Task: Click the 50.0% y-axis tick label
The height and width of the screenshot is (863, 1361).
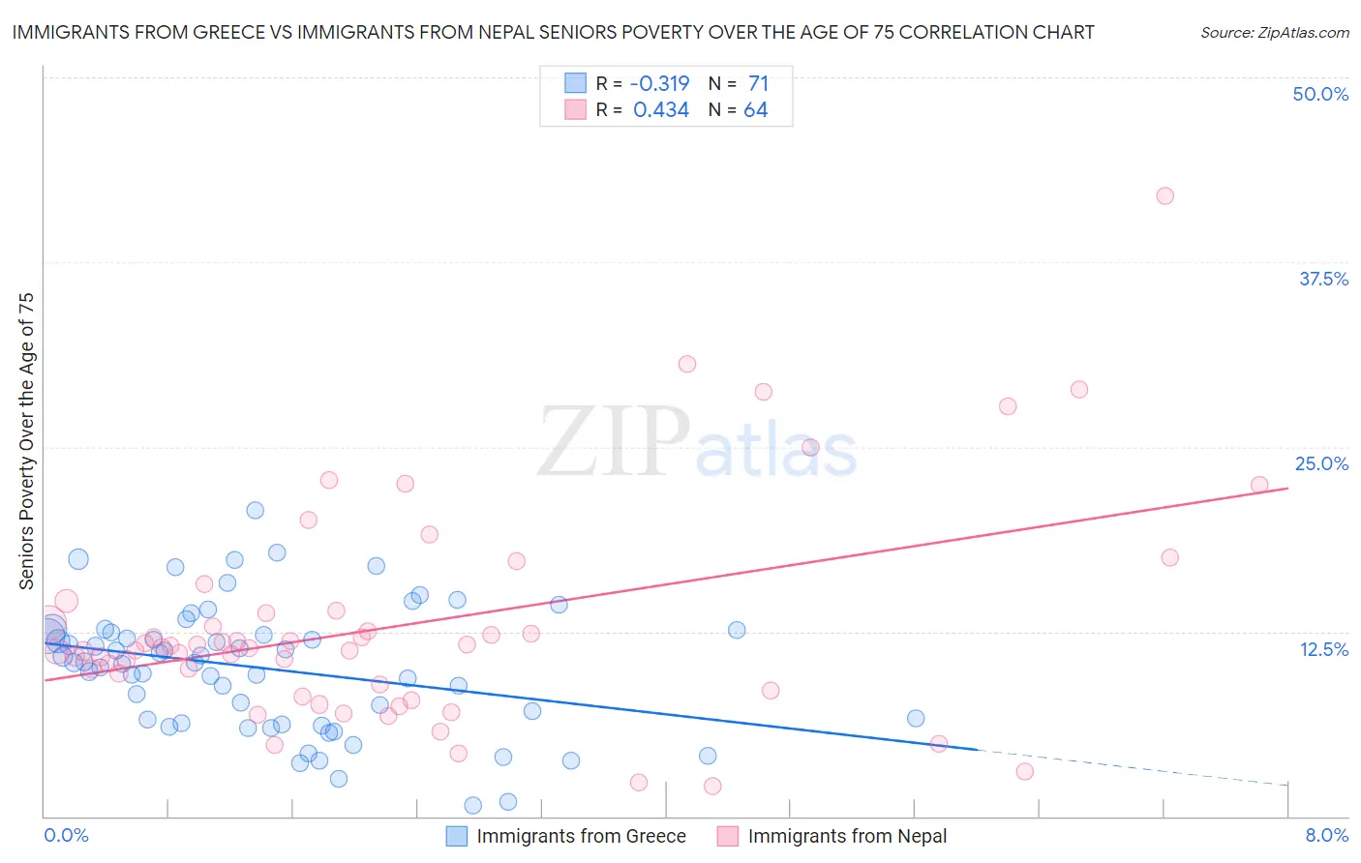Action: tap(1320, 94)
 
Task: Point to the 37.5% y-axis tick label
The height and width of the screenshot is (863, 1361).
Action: tap(1323, 279)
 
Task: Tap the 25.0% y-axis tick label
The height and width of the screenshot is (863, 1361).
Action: tap(1321, 463)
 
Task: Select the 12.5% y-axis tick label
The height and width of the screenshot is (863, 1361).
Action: tap(1323, 648)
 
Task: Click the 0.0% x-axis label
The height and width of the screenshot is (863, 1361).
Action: tap(66, 835)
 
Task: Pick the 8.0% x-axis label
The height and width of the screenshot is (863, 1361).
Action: tap(1326, 835)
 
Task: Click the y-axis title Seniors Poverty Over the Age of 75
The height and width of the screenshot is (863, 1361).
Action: tap(26, 441)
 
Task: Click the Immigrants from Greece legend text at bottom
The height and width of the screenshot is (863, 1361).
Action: tap(581, 836)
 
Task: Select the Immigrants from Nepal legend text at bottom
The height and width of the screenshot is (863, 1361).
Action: tap(847, 836)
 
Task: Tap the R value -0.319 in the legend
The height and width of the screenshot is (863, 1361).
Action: tap(659, 83)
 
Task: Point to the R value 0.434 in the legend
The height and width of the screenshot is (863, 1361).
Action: tap(661, 110)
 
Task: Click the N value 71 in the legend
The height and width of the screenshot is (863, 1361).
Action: tap(758, 83)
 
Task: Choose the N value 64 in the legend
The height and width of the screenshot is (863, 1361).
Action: tap(755, 110)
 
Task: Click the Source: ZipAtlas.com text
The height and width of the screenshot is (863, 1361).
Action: tap(1274, 32)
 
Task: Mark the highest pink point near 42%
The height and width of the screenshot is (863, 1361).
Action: tap(1164, 195)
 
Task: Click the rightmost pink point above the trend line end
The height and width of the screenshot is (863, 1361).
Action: tap(1259, 485)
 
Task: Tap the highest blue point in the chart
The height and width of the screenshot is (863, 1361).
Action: tap(256, 510)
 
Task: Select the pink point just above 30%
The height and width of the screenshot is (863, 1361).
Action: tap(687, 364)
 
